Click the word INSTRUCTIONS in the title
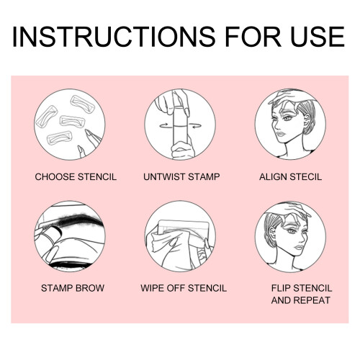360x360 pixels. pos(114,37)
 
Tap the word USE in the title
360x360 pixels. pos(318,37)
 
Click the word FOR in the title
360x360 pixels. pos(253,37)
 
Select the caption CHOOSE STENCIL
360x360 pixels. pos(76,177)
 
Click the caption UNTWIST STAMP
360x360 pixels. pos(181,177)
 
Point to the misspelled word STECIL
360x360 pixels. pos(305,177)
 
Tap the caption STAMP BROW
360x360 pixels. pos(73,288)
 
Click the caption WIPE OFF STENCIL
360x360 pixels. pos(184,288)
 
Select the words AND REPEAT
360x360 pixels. pos(301,300)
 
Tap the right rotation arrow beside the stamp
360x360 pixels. pos(195,125)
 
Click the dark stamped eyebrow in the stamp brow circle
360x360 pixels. pos(77,220)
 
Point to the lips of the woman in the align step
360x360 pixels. pos(280,133)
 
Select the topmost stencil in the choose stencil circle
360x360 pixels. pos(82,104)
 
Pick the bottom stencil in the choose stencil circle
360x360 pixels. pos(60,138)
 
